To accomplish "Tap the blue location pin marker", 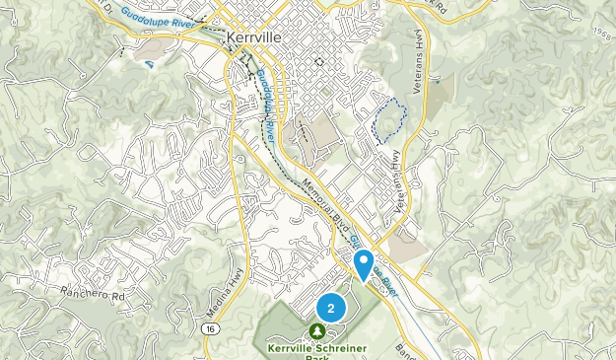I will click(x=363, y=262).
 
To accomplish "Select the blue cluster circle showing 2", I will click(x=331, y=308).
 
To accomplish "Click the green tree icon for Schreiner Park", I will click(x=317, y=331).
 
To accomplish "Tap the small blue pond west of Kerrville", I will click(x=149, y=64).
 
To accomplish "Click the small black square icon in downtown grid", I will click(x=318, y=61).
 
